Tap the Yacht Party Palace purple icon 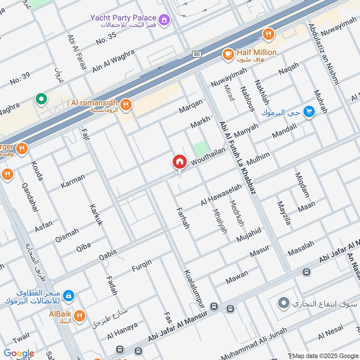click(166, 19)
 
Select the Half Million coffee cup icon click(228, 54)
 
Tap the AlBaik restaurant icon click(79, 316)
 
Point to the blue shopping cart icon click(308, 111)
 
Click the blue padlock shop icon click(68, 296)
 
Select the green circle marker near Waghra click(41, 98)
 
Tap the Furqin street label click(141, 265)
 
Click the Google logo click(18, 353)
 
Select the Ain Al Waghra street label click(113, 60)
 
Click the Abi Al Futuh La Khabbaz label click(237, 157)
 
